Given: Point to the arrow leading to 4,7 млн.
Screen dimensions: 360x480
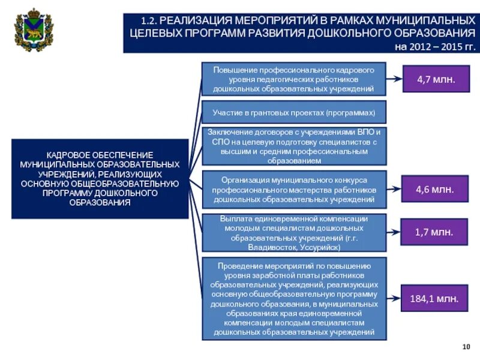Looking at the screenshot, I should tap(394, 79).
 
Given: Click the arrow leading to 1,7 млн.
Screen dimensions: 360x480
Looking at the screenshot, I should tap(394, 231).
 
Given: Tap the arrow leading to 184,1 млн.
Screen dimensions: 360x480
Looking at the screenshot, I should tap(394, 298).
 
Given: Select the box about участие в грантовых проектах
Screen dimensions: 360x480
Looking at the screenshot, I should tap(293, 112).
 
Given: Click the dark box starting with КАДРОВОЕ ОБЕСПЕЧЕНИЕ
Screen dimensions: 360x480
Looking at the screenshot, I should tap(100, 179).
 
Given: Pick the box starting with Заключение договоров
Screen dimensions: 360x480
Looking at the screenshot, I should tap(293, 146).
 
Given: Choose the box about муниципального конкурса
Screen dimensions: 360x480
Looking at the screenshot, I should tap(293, 189).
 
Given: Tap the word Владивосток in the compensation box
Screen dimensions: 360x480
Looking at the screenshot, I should tap(267, 247).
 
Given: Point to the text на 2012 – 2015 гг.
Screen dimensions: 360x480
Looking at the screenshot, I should tap(434, 47).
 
